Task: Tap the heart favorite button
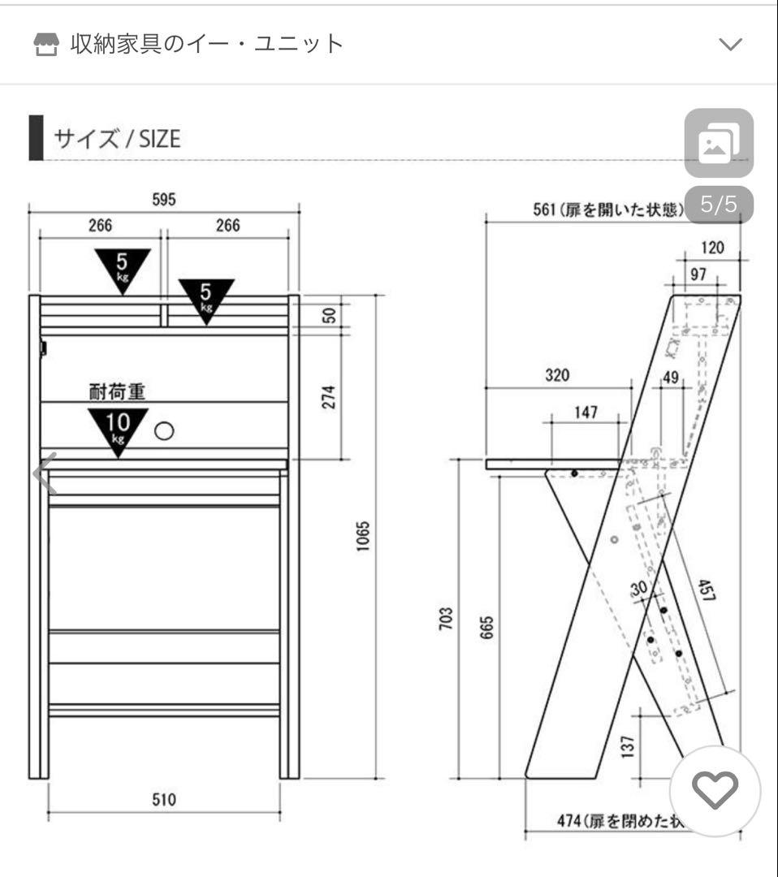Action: [714, 788]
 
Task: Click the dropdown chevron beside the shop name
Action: [731, 45]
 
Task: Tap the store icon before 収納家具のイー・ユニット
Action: [47, 45]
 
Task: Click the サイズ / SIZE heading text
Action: [116, 139]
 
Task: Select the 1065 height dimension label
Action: [363, 537]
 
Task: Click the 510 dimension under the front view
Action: [164, 800]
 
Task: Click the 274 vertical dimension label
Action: [329, 396]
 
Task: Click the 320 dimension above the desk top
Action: [557, 375]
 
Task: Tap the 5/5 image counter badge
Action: [719, 204]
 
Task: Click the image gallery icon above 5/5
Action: [719, 144]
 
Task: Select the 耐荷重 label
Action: [117, 392]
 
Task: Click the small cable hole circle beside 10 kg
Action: [164, 430]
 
